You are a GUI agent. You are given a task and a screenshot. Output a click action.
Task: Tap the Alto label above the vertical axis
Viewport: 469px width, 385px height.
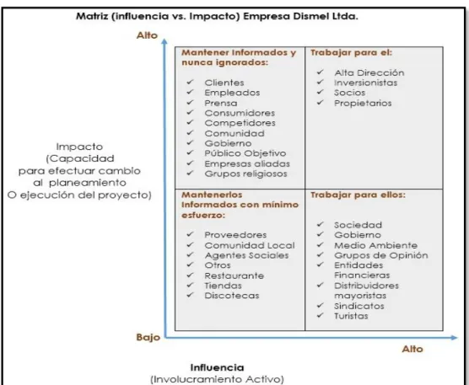coord(147,35)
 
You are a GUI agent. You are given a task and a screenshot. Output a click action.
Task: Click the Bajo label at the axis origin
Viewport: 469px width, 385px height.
coord(148,337)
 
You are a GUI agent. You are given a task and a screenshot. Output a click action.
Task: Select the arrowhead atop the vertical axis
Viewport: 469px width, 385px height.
coord(164,41)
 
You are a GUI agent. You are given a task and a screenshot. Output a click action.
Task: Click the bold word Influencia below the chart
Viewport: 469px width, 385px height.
coord(217,367)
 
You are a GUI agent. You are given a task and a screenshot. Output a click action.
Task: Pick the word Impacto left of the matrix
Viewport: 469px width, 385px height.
coord(79,147)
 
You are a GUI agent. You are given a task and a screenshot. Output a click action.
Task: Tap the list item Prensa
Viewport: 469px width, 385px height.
coord(221,103)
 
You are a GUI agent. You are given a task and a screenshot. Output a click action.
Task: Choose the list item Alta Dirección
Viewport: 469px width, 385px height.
coord(369,73)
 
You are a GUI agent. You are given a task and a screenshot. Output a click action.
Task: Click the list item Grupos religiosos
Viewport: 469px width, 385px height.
coord(245,174)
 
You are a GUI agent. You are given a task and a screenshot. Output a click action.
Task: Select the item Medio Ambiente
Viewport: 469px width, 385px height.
coord(375,245)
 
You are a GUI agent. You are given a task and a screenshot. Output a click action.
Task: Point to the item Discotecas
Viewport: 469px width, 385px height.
coord(232,296)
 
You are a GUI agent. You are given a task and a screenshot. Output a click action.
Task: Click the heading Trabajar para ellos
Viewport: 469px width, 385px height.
coord(358,195)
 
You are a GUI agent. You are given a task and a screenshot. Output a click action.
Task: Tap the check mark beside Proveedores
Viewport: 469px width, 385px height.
coord(191,234)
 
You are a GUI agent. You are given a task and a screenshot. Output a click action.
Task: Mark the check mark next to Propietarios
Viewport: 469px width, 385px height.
coord(320,103)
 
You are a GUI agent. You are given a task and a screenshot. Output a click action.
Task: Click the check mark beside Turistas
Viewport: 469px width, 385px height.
coord(320,315)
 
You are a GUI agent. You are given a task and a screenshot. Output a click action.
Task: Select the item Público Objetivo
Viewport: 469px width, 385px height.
coord(245,153)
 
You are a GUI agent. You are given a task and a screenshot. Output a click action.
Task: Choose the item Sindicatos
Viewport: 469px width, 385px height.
coord(359,306)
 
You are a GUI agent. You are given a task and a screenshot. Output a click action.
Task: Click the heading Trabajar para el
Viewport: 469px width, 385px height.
coord(351,52)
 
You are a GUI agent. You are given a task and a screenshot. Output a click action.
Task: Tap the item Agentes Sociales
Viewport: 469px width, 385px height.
coord(247,255)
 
